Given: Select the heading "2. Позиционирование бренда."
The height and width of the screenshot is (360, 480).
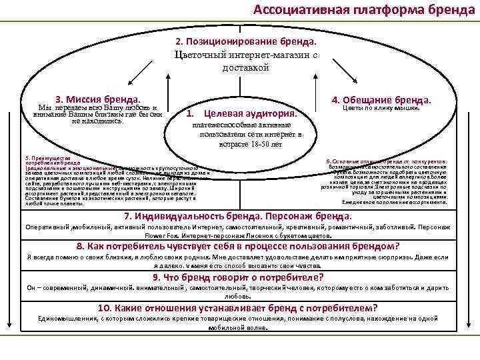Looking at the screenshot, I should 241,42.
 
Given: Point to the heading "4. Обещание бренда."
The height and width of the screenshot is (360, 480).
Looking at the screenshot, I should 381,100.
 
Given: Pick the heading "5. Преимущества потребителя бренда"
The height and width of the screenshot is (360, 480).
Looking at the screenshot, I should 53,160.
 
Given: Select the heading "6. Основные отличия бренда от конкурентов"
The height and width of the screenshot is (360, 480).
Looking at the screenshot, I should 387,162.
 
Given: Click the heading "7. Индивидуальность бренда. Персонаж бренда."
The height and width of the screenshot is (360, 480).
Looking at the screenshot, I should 239,217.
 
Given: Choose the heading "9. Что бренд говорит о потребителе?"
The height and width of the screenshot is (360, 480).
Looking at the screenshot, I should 238,277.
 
